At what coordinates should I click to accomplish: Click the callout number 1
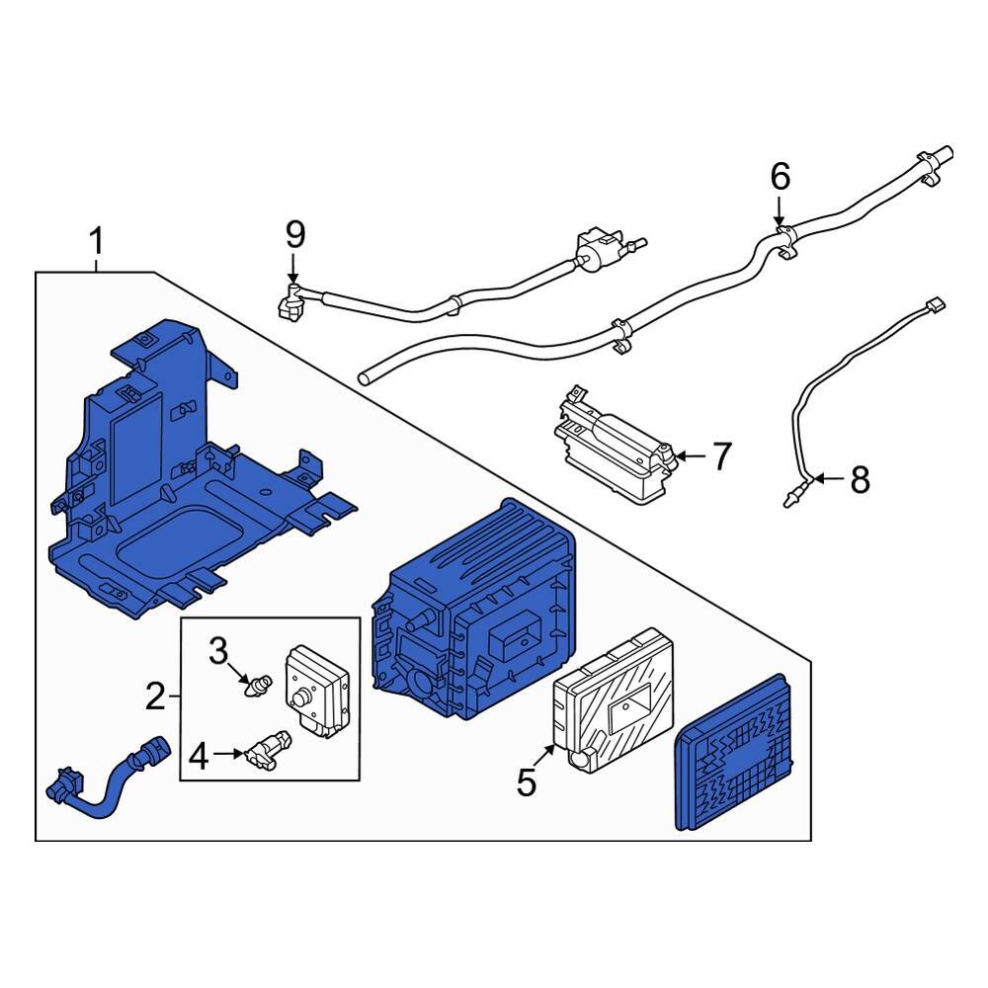click(x=96, y=240)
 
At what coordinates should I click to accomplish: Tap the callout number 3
click(x=217, y=650)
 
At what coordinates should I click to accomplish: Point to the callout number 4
click(x=199, y=757)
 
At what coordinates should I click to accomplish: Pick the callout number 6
click(x=780, y=178)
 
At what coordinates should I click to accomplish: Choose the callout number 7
click(x=721, y=456)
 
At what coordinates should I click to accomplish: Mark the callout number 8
click(x=860, y=481)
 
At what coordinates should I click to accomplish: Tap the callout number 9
click(x=295, y=234)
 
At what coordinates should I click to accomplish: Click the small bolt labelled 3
click(x=261, y=684)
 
